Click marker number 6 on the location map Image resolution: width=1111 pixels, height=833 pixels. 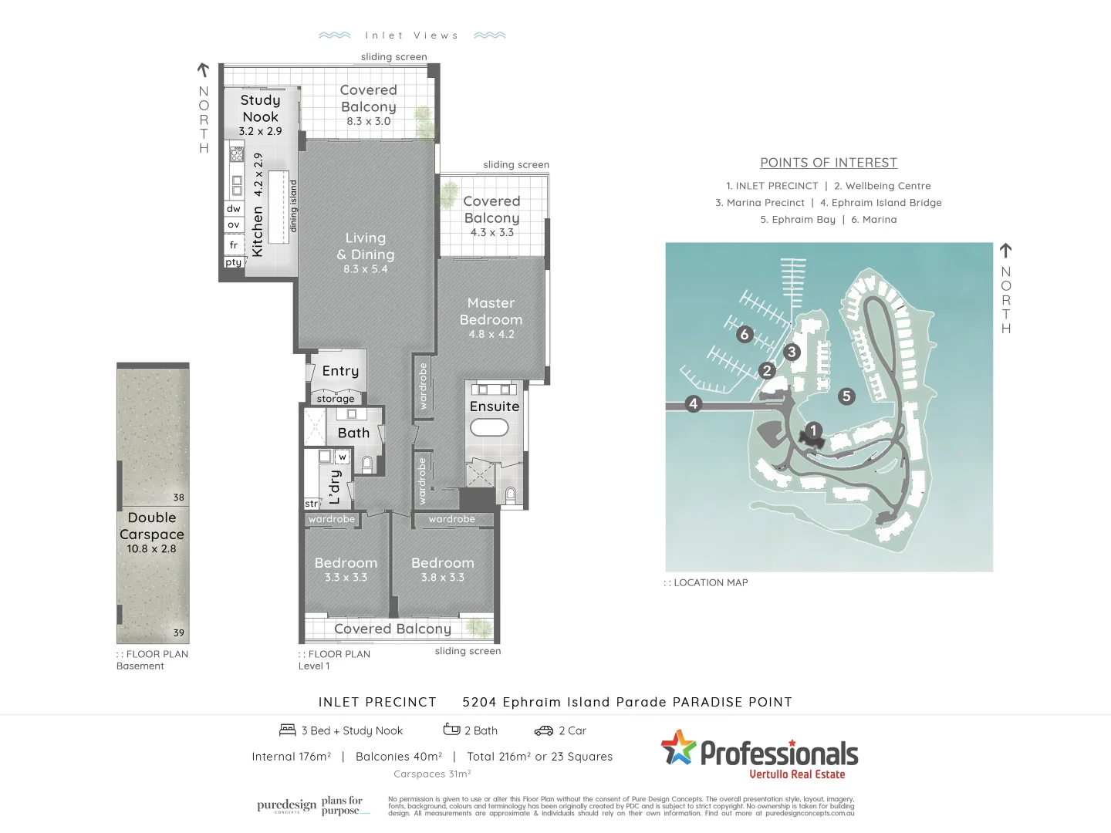[745, 334]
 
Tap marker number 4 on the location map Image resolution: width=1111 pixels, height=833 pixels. [693, 403]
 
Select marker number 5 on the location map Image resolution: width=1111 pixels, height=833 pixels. [846, 396]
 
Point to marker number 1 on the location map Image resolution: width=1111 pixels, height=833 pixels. [813, 430]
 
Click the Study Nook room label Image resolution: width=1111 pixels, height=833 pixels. [260, 109]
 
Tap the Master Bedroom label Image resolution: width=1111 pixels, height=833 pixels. [491, 312]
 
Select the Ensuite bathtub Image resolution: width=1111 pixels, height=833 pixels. [489, 427]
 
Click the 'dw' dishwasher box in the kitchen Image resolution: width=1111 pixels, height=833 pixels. [234, 209]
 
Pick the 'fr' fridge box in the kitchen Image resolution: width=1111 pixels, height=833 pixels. [234, 245]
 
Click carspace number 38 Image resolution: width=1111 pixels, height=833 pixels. [178, 497]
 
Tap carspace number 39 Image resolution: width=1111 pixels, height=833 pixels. [178, 632]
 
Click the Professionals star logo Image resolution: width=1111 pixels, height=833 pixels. [678, 747]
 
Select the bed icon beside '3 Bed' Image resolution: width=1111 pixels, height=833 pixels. [288, 730]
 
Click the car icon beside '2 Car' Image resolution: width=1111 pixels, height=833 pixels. [544, 730]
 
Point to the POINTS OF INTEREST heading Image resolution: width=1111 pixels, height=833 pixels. [829, 163]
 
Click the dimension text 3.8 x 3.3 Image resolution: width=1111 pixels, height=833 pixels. [443, 577]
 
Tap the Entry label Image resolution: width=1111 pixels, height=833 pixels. [340, 371]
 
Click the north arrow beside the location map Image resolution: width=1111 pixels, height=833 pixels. [1005, 251]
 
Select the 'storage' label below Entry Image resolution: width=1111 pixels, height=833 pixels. [336, 399]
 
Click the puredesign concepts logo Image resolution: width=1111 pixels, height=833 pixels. [287, 806]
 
